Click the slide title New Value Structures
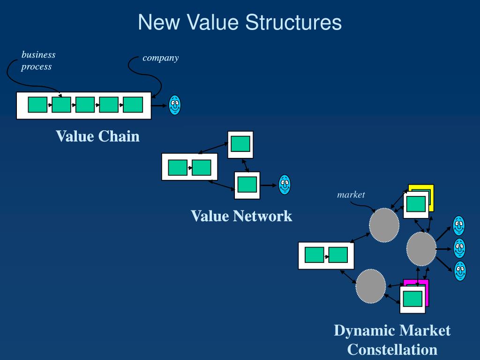(x=240, y=22)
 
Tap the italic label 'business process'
(x=38, y=60)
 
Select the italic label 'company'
(x=161, y=58)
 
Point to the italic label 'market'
(x=351, y=195)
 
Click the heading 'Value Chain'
(x=97, y=136)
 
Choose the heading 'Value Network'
(x=241, y=216)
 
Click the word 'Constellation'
(x=392, y=349)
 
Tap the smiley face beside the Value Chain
(x=175, y=105)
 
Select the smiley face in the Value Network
(x=285, y=185)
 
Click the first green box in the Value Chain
(x=37, y=105)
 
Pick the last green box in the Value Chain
(x=133, y=105)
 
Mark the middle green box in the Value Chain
(x=85, y=105)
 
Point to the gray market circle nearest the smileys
(x=421, y=249)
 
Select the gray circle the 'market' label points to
(x=384, y=225)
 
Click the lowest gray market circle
(x=370, y=285)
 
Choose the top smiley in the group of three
(x=459, y=225)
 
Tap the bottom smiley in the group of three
(x=460, y=271)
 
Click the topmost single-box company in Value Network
(x=240, y=144)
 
